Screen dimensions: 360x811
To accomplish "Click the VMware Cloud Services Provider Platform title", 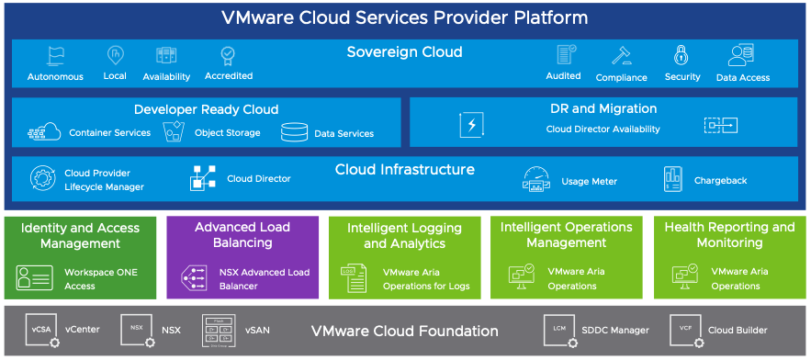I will (405, 17).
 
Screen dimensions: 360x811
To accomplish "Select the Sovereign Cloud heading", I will (404, 51).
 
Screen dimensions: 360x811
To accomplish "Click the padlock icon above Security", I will (681, 55).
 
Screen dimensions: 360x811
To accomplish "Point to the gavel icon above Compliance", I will (621, 55).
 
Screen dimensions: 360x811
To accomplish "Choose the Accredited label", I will (229, 76).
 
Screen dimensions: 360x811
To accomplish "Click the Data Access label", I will (742, 78).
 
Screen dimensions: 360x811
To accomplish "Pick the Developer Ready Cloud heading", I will (206, 109).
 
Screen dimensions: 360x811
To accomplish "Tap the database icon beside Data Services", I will (294, 132).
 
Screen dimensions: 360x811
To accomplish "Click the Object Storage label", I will (227, 133).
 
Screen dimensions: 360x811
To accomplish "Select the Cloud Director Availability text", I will (603, 129).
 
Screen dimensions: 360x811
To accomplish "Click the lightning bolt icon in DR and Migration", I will (471, 125).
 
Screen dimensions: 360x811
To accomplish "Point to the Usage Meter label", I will (589, 182).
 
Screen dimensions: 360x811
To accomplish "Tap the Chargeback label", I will (720, 181).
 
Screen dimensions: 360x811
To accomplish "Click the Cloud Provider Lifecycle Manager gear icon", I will (42, 178).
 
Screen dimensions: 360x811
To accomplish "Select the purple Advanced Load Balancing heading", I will (242, 235).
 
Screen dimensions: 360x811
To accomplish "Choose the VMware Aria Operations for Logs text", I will (426, 279).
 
